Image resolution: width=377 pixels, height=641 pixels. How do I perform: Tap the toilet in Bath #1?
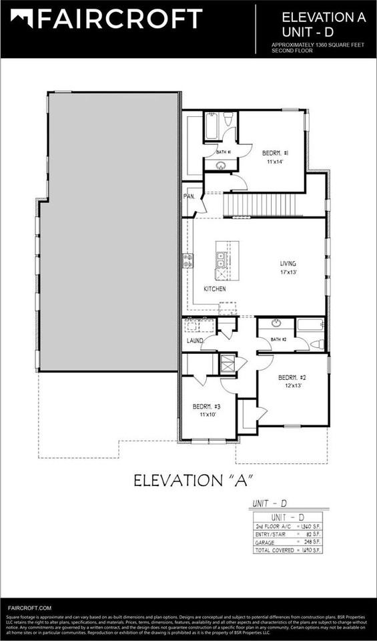(x=228, y=120)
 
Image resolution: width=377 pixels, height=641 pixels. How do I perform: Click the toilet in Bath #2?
(x=318, y=345)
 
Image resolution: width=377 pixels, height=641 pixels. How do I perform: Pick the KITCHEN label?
(x=215, y=289)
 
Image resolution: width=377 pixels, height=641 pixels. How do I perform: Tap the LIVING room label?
(x=288, y=264)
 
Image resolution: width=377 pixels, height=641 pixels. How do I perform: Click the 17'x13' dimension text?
(x=288, y=272)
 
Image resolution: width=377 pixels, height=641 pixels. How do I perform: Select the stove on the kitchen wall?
(x=188, y=260)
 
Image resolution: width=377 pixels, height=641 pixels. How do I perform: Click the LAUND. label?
(x=194, y=341)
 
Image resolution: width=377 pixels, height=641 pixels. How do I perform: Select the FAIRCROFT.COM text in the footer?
(x=30, y=608)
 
